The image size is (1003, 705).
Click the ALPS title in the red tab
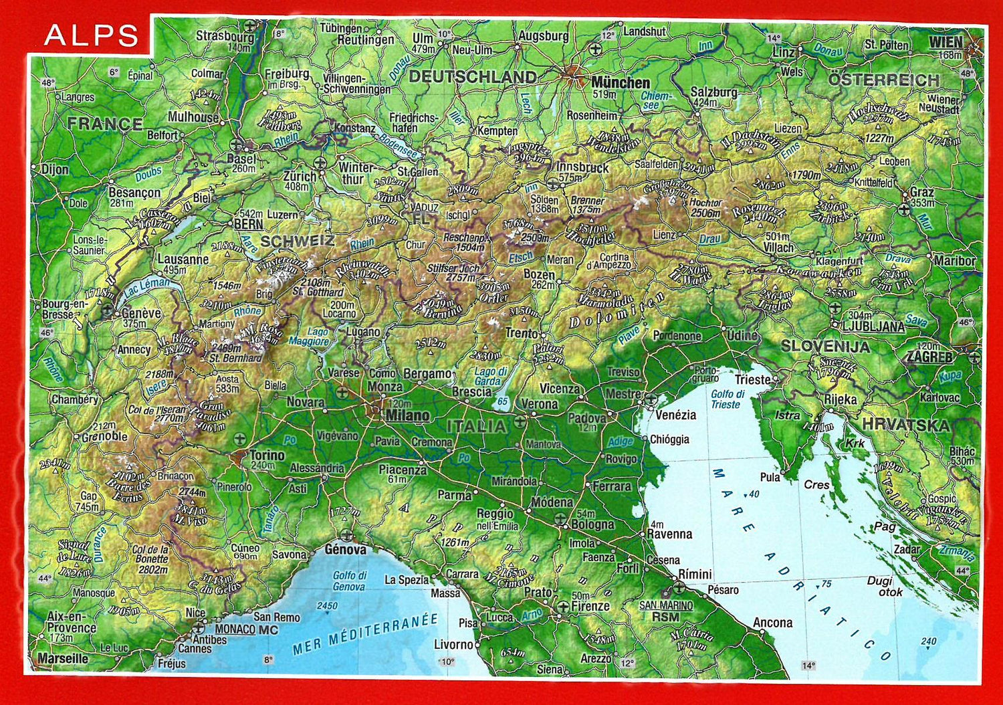(x=92, y=35)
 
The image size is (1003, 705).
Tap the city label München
(x=620, y=83)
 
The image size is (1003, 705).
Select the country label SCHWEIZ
(x=297, y=241)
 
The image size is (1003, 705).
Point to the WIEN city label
(x=945, y=42)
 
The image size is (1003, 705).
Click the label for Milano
(x=407, y=415)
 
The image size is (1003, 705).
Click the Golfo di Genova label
(x=350, y=581)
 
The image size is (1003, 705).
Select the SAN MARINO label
(x=666, y=605)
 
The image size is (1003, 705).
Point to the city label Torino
(x=267, y=455)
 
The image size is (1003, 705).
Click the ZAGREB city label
(x=929, y=357)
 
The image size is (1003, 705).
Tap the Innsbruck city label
(x=582, y=167)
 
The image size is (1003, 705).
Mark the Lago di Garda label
(x=490, y=377)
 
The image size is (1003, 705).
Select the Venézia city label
(x=675, y=415)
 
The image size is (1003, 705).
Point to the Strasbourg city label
(x=225, y=37)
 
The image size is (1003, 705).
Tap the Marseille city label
(x=62, y=658)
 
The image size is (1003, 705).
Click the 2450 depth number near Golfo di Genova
(x=327, y=606)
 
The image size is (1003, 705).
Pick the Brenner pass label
(x=587, y=201)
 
